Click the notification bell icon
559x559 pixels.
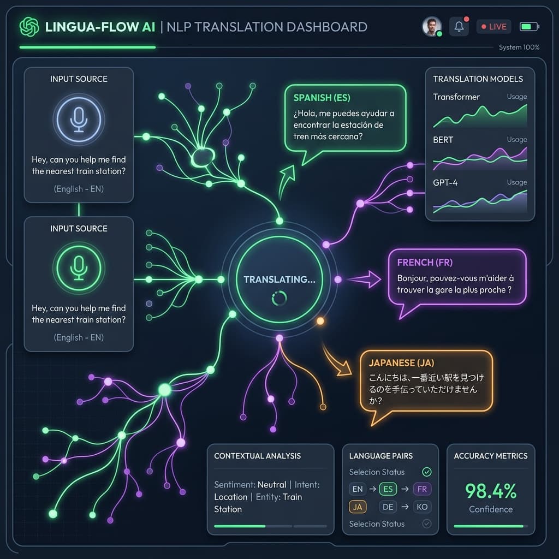[459, 26]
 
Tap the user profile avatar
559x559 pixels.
[432, 26]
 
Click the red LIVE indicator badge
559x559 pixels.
[493, 27]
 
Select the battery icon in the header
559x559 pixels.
[530, 27]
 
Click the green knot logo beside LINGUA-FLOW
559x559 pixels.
[29, 27]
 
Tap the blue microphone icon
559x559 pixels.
[79, 120]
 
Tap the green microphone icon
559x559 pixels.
[79, 268]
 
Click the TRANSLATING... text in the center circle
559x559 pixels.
[279, 279]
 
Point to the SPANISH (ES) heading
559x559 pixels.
[322, 98]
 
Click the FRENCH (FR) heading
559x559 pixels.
[425, 263]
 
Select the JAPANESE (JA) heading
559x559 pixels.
[401, 363]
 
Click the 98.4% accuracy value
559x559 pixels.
[491, 491]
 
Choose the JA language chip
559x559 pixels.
[358, 507]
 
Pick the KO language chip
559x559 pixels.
[422, 507]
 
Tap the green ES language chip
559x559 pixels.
[388, 489]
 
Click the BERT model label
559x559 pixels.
[443, 140]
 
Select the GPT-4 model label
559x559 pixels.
[445, 182]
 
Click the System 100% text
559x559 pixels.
[519, 47]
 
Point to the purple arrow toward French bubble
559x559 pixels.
[364, 279]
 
